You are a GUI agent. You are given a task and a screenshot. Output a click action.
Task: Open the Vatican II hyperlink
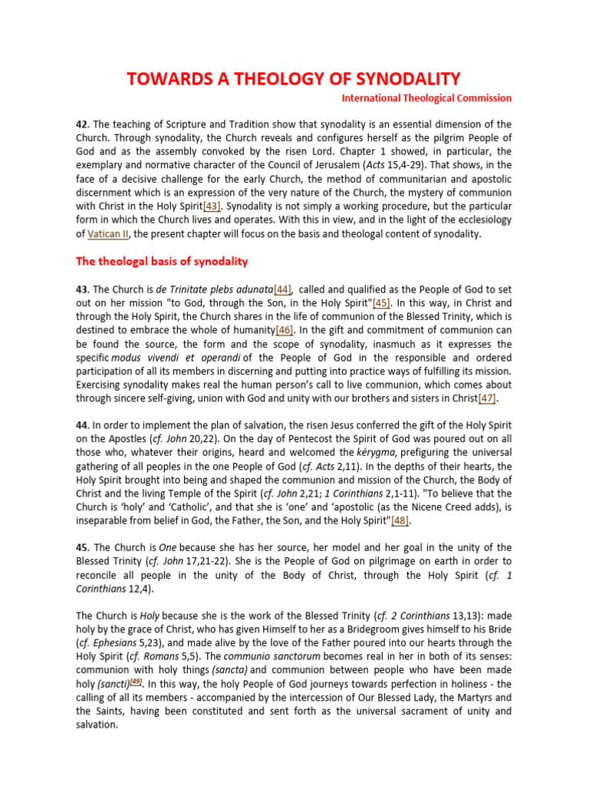click(106, 234)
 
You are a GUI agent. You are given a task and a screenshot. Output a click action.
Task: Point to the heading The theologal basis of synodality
click(162, 261)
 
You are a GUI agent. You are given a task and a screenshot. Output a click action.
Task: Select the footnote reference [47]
click(487, 398)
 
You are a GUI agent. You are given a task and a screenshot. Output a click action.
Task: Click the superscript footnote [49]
click(136, 682)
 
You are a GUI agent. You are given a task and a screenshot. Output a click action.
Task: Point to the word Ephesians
click(121, 643)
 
